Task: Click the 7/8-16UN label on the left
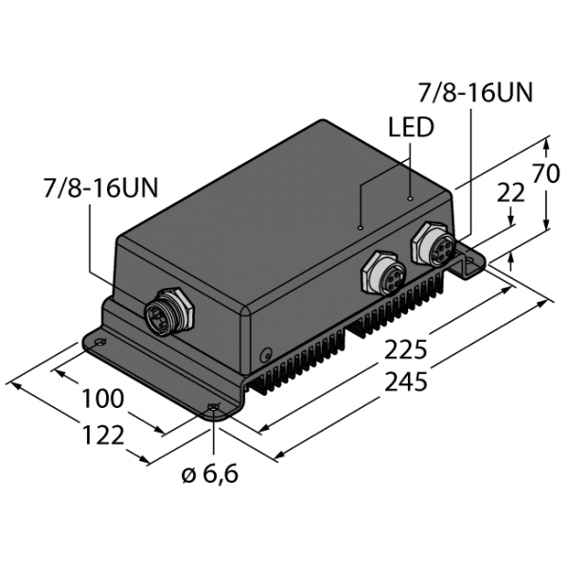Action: point(100,188)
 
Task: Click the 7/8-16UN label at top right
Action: point(475,93)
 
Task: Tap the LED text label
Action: point(411,127)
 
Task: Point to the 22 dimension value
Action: point(510,192)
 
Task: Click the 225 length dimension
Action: point(406,350)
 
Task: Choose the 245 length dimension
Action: point(406,382)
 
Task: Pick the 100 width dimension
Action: point(103,399)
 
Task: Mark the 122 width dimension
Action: point(103,435)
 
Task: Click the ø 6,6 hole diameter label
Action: point(210,473)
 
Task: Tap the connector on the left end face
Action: point(169,311)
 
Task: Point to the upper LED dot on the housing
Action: point(410,198)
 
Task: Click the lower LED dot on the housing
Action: point(360,227)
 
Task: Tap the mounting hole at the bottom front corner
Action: point(214,407)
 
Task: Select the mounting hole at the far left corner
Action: point(99,342)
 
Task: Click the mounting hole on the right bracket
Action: point(470,260)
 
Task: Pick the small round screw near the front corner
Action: point(266,355)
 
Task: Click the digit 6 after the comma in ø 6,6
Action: point(230,473)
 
